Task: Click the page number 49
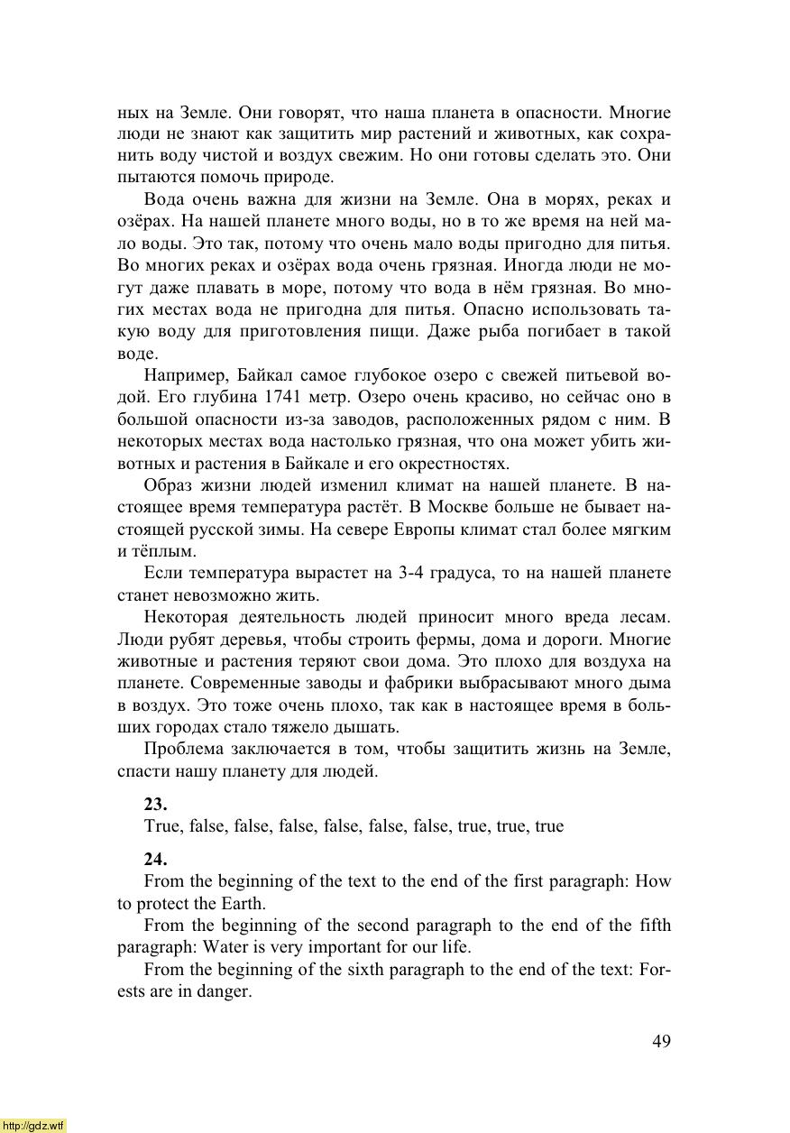[661, 1041]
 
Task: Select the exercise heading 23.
[155, 804]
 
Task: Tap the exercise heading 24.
[155, 860]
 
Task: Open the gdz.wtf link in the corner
[33, 1125]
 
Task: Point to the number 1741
[289, 398]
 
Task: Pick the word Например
[179, 376]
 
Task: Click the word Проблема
[184, 750]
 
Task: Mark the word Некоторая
[185, 618]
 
